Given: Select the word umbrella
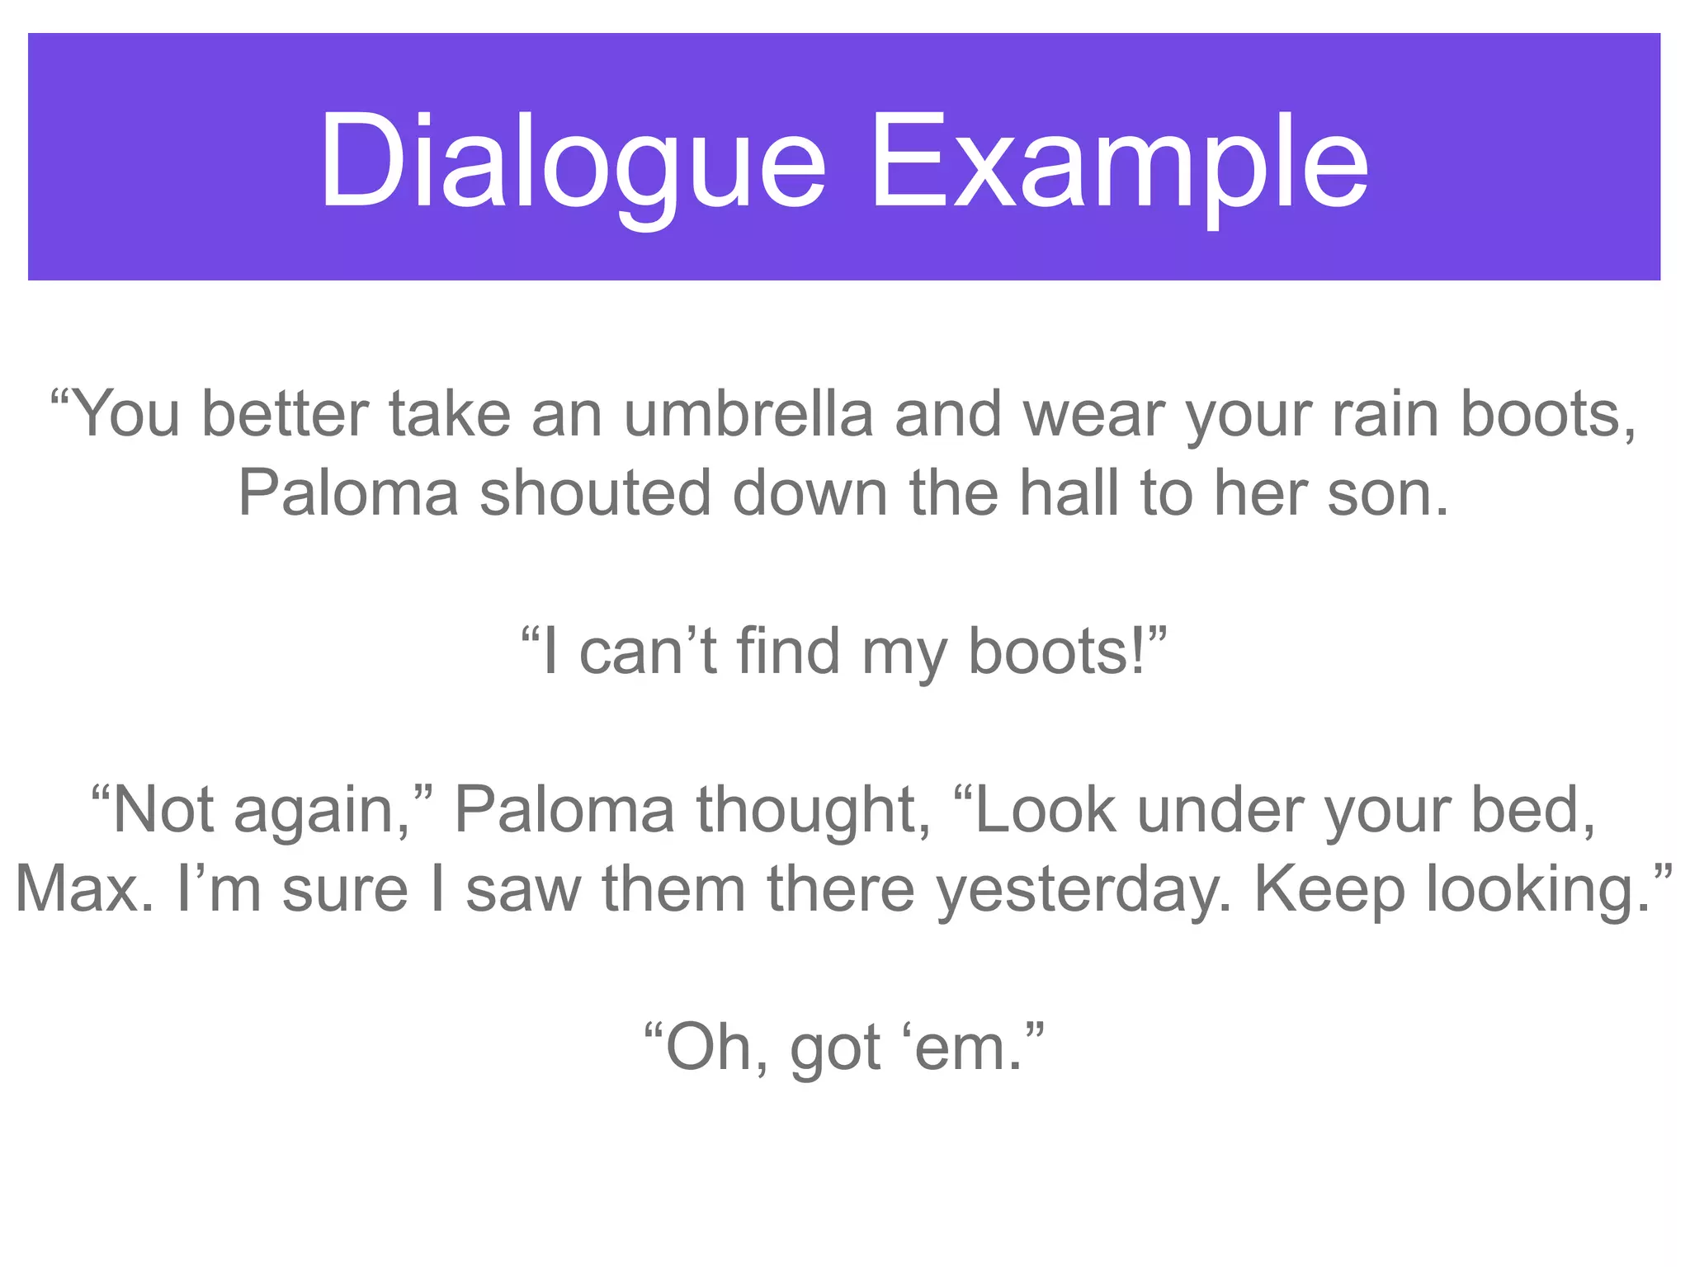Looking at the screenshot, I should (x=748, y=414).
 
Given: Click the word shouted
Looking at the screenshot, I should (x=595, y=493).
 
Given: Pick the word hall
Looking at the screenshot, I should (x=1069, y=493).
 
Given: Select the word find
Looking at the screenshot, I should (x=788, y=652).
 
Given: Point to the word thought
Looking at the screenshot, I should (x=814, y=810).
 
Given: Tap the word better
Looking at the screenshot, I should (x=285, y=414).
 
